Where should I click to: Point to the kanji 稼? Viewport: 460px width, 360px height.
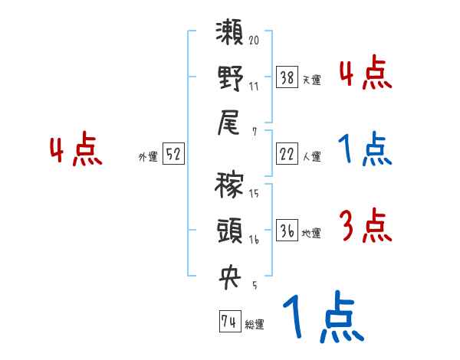[230, 186]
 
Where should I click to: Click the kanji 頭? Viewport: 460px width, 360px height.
[230, 230]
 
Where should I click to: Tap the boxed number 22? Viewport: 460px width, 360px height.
[287, 154]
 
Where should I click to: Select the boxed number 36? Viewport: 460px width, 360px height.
[287, 230]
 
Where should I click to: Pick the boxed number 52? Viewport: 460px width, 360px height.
[173, 154]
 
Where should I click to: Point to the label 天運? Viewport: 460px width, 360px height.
[311, 79]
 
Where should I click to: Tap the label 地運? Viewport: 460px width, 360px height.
[311, 233]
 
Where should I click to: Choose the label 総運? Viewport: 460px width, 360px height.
[255, 324]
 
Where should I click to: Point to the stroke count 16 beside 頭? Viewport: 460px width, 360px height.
[254, 240]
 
